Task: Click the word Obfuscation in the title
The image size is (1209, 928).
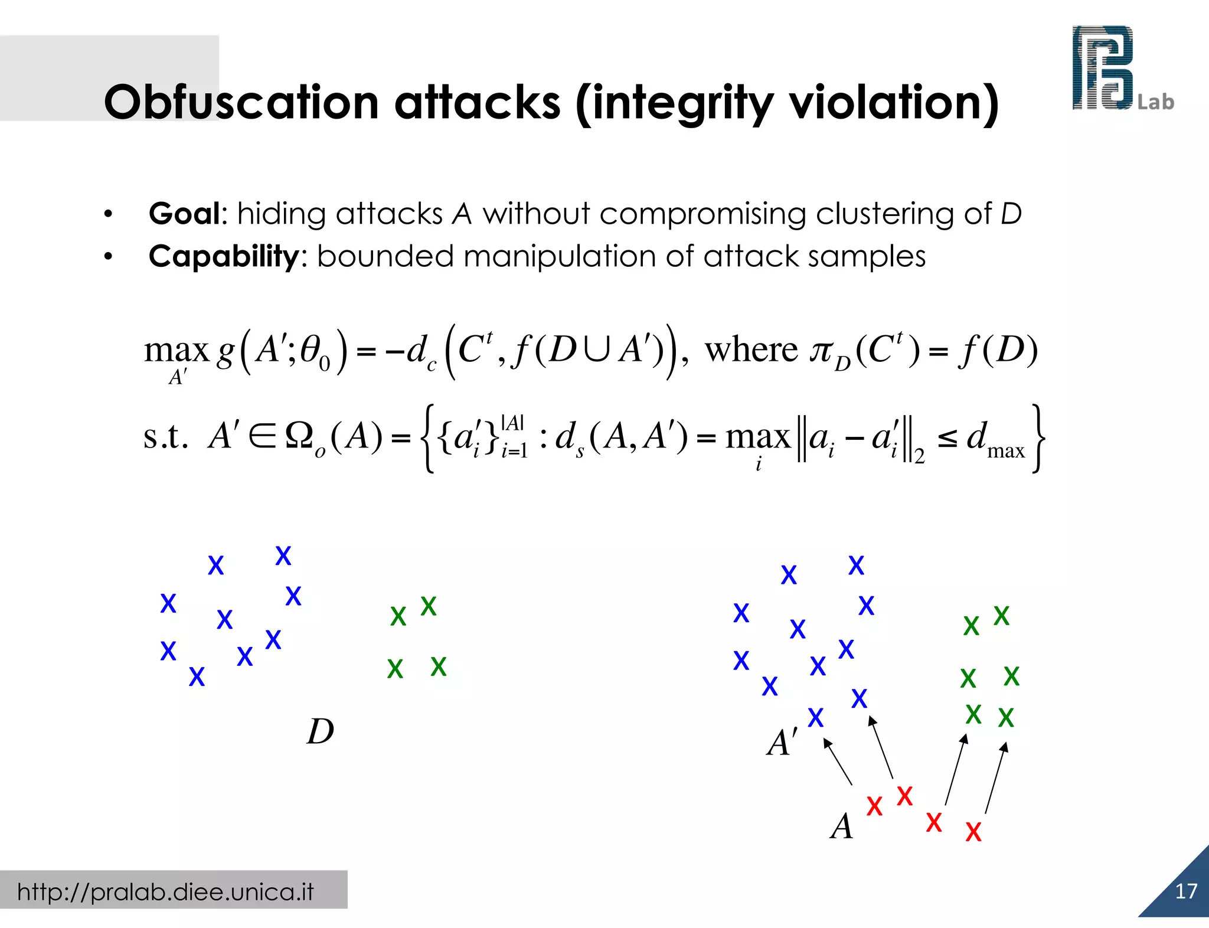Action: tap(241, 103)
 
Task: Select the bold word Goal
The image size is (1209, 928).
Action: tap(184, 214)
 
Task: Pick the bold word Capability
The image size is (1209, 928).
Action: tap(224, 257)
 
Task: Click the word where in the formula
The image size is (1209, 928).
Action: tap(751, 349)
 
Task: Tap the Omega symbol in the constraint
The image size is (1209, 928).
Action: tap(299, 437)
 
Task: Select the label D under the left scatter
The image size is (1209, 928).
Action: tap(321, 731)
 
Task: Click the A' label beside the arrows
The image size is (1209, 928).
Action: tap(782, 742)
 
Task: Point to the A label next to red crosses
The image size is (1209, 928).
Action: tap(842, 826)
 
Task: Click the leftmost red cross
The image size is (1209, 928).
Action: tap(874, 806)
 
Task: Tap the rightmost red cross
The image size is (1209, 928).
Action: tap(973, 832)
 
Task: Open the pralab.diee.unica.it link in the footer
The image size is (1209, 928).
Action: tap(165, 891)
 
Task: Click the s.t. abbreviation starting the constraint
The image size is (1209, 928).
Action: tap(166, 437)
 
